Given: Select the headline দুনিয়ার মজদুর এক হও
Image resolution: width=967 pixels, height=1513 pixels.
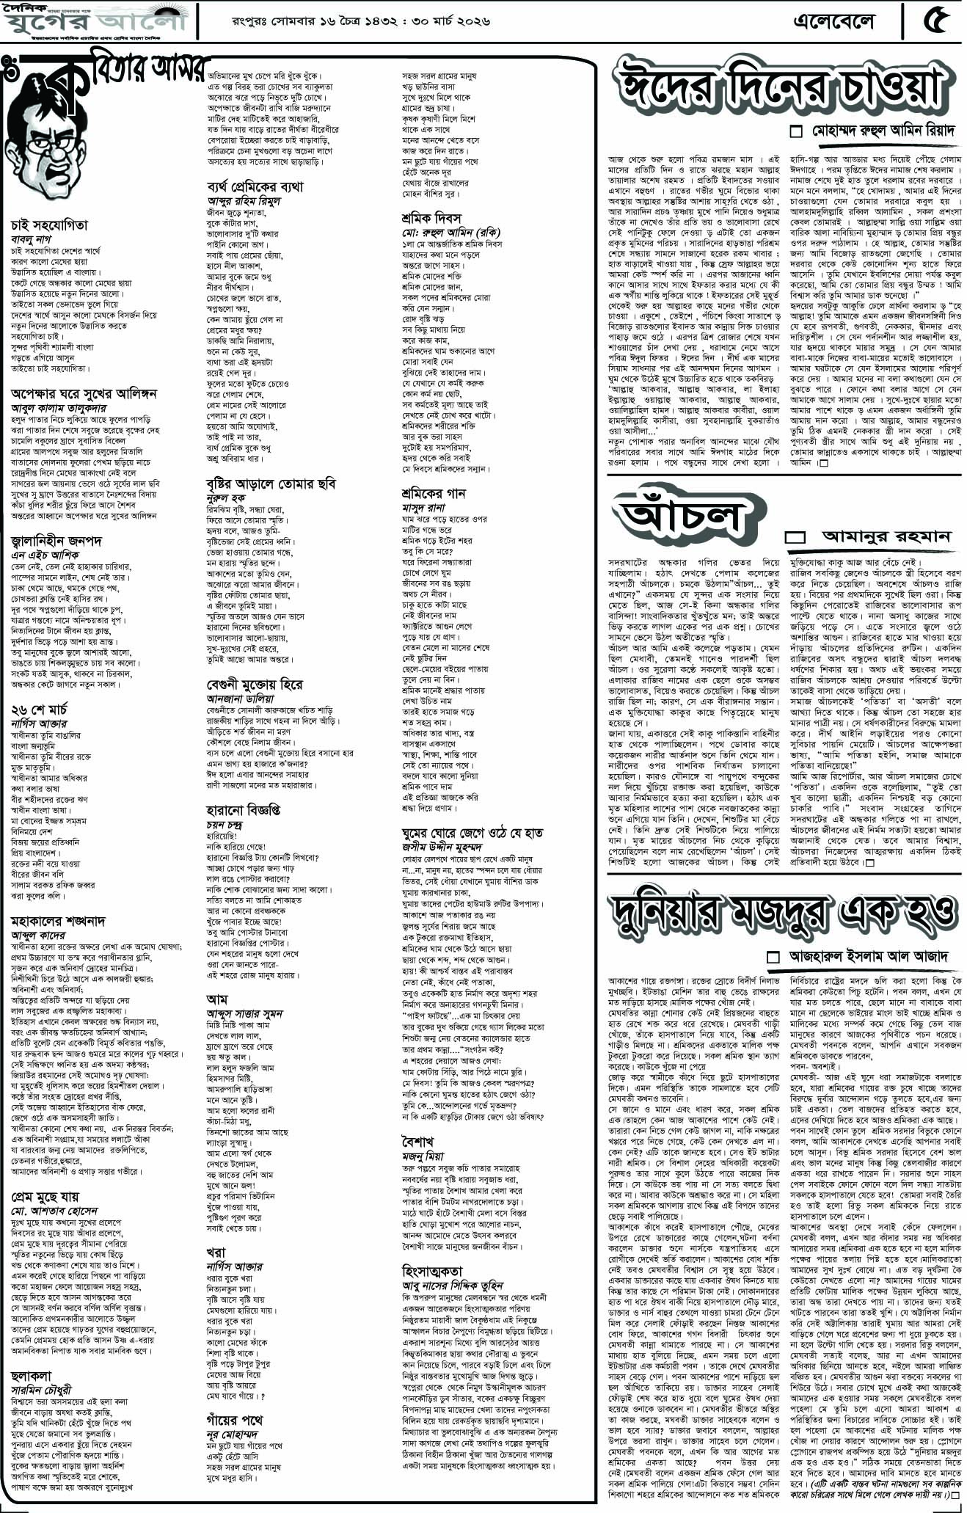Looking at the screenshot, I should [784, 914].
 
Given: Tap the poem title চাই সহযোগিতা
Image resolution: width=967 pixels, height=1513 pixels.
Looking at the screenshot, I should [48, 225].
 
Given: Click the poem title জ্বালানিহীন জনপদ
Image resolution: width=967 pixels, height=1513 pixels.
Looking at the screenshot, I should [56, 542].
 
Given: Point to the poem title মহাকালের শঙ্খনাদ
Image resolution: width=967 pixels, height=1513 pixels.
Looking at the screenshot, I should [59, 920].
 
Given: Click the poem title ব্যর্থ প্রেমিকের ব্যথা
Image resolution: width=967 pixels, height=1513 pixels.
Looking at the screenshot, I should [255, 186].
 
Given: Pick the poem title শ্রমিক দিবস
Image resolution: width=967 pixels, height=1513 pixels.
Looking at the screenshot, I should [431, 219].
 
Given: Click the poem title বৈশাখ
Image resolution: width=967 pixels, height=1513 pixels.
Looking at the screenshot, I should [417, 1142].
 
